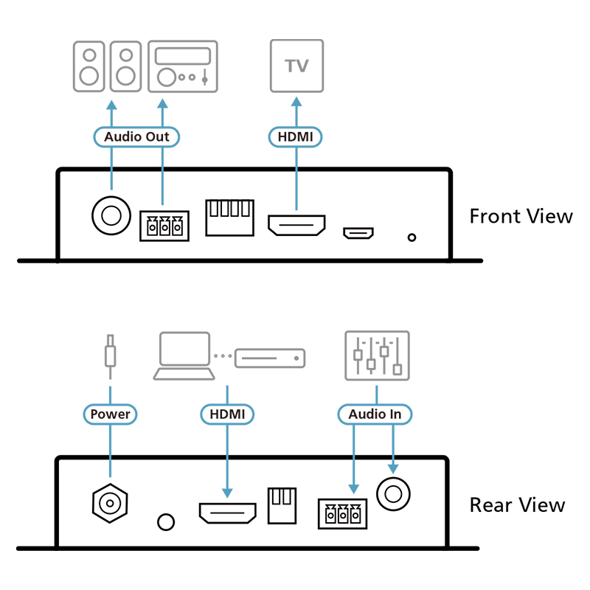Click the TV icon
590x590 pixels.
(296, 66)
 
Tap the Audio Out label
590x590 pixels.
(136, 136)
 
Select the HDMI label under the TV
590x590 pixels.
(296, 136)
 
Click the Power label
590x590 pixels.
(110, 414)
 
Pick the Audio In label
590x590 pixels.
(375, 414)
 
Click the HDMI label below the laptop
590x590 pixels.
(227, 414)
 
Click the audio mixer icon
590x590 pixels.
(376, 355)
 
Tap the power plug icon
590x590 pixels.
(110, 353)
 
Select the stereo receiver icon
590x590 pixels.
(183, 66)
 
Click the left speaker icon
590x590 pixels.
(89, 66)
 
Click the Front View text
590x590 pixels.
(521, 216)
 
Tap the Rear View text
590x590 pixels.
(517, 505)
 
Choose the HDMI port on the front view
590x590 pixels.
(296, 226)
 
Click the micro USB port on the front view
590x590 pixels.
(358, 234)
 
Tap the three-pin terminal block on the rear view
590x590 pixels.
(342, 514)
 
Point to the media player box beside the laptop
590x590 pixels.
(269, 358)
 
